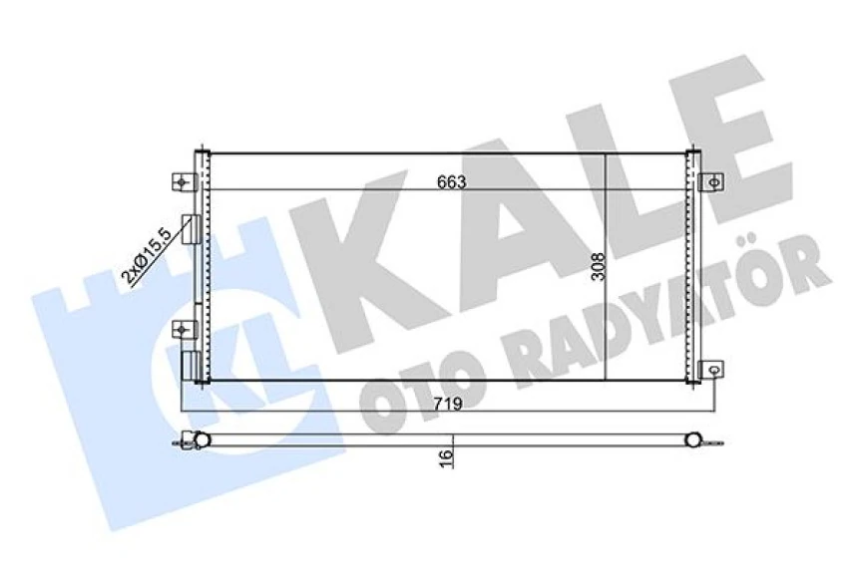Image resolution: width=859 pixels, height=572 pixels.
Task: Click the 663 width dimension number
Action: [451, 182]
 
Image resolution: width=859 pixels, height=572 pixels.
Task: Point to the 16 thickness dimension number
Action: [445, 456]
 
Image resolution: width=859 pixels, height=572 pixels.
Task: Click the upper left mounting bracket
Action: [182, 181]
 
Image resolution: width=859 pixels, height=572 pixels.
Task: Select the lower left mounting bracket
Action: [182, 329]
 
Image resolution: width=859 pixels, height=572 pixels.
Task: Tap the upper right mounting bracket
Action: [712, 181]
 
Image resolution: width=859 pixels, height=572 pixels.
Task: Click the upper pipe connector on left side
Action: [190, 228]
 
